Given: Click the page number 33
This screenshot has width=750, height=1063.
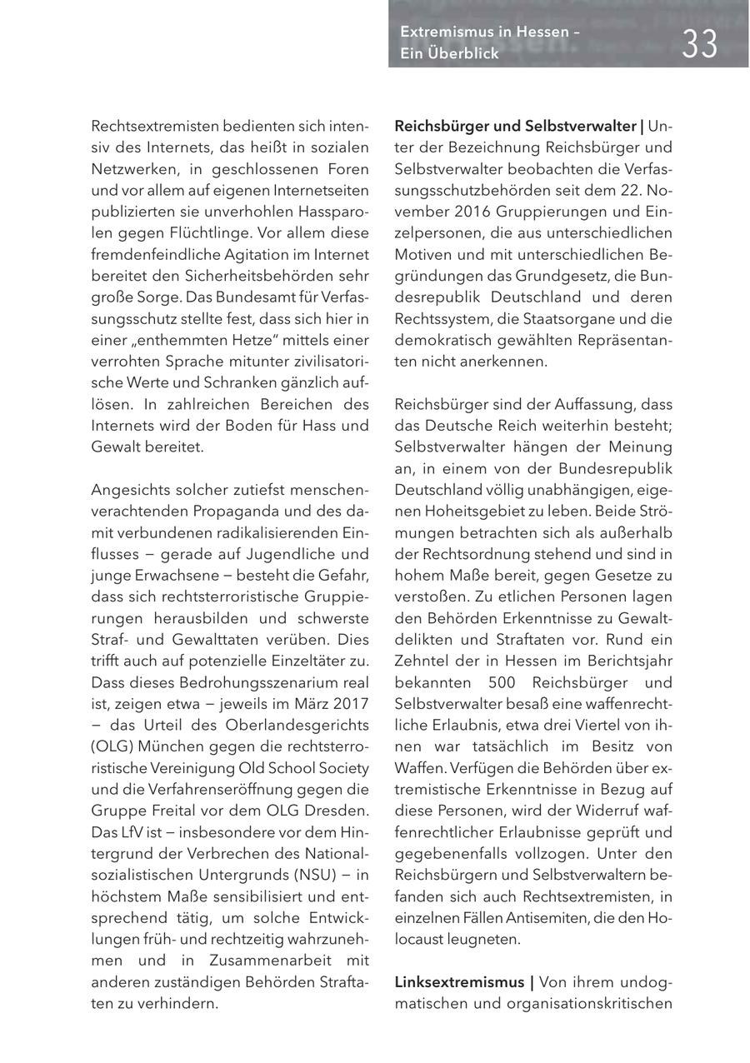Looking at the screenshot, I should click(x=699, y=43).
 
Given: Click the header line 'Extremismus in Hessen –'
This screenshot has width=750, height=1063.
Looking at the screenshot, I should click(x=490, y=32).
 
